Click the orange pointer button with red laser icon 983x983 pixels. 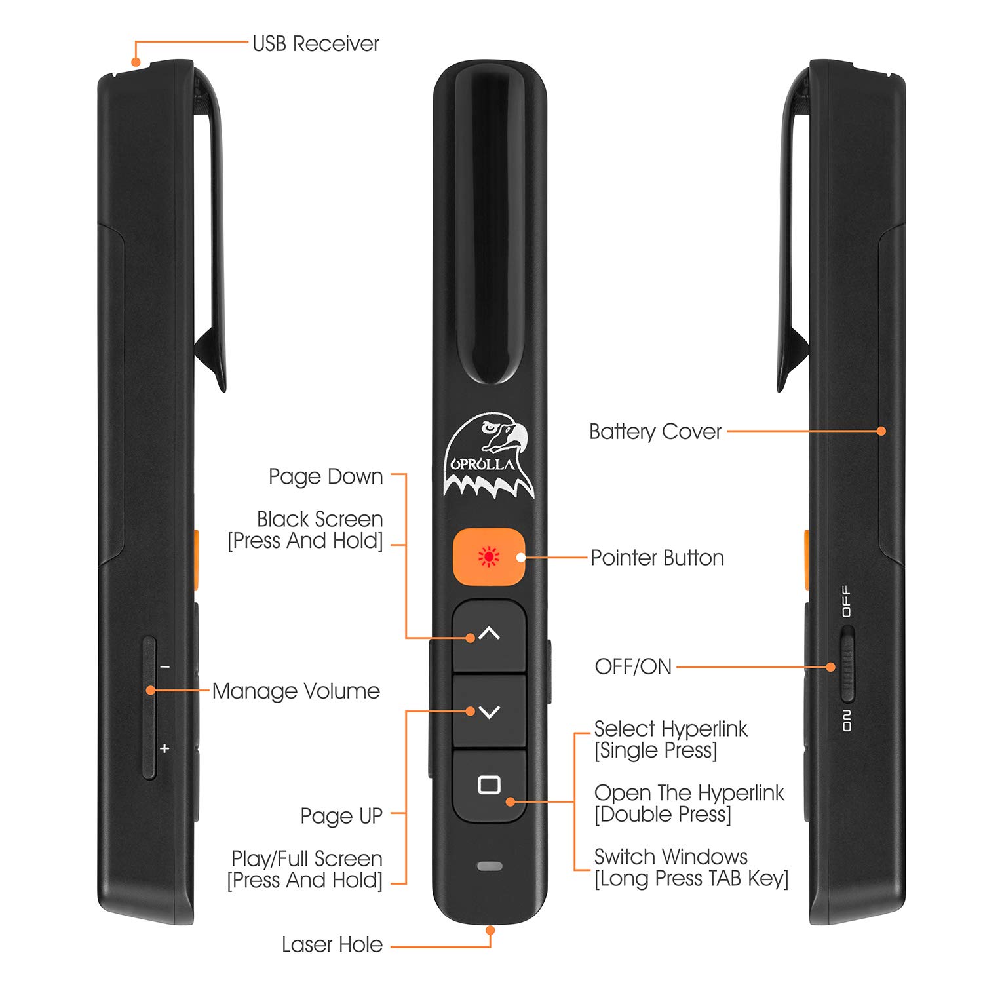pyautogui.click(x=489, y=556)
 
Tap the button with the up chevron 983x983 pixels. pyautogui.click(x=489, y=634)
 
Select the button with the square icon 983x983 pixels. pyautogui.click(x=489, y=784)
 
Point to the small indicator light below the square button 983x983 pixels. pyautogui.click(x=489, y=866)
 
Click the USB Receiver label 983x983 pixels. pyautogui.click(x=315, y=44)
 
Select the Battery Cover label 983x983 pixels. pyautogui.click(x=655, y=432)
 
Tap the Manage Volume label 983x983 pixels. pyautogui.click(x=296, y=691)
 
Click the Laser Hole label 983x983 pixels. pyautogui.click(x=332, y=945)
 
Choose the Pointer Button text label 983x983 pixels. pyautogui.click(x=657, y=558)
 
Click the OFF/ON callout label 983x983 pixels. pyautogui.click(x=633, y=667)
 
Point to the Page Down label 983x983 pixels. pyautogui.click(x=325, y=476)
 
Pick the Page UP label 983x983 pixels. pyautogui.click(x=341, y=816)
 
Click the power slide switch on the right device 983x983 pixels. pyautogui.click(x=847, y=665)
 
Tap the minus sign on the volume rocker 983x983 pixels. pyautogui.click(x=165, y=667)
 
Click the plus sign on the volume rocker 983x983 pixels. pyautogui.click(x=164, y=748)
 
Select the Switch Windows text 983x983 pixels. pyautogui.click(x=670, y=857)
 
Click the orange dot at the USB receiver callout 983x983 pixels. pyautogui.click(x=136, y=62)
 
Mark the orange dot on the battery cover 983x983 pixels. pyautogui.click(x=881, y=431)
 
